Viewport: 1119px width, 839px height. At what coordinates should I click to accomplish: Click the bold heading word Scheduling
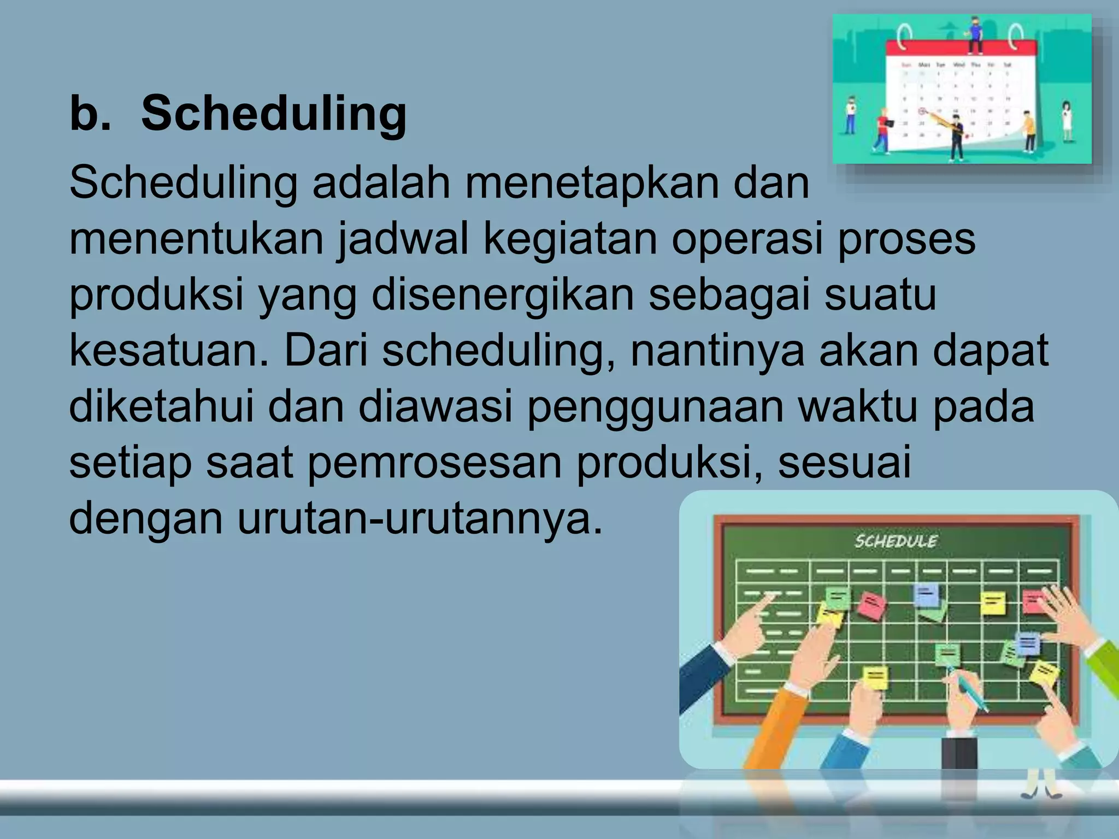[273, 114]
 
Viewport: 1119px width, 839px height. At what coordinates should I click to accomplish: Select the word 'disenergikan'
[503, 295]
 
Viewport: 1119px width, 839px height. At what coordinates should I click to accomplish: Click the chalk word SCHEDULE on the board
[896, 541]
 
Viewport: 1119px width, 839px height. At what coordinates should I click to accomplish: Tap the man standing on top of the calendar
[974, 35]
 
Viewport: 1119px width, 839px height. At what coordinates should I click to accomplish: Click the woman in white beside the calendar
[1066, 121]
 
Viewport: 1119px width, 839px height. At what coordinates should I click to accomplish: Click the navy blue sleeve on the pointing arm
[702, 675]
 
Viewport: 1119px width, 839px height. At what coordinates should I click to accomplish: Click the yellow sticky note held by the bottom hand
[876, 677]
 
